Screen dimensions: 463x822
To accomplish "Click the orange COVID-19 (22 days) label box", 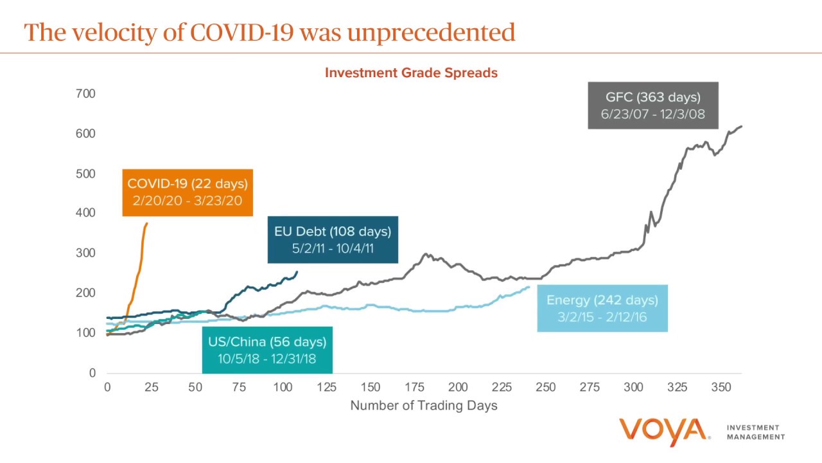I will [x=188, y=192].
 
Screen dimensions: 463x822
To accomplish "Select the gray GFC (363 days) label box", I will [x=652, y=105].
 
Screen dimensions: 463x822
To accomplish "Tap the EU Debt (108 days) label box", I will [x=333, y=240].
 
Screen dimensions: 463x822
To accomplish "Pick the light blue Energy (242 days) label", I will [x=602, y=309].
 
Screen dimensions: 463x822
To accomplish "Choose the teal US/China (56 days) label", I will [x=267, y=350].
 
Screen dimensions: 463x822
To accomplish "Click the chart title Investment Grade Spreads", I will [x=411, y=73].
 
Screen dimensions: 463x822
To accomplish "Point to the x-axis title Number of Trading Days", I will [x=424, y=405].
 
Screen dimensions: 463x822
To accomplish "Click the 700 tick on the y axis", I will [x=85, y=94].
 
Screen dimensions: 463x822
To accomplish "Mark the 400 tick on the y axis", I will [x=85, y=213].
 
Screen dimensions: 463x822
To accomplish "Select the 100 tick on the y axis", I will [x=85, y=333].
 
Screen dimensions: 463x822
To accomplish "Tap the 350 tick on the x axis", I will [x=721, y=387].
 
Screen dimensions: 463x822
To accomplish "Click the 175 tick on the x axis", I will [x=414, y=387].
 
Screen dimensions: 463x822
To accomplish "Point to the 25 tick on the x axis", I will [x=151, y=387].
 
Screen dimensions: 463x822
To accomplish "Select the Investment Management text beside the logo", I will [x=755, y=432].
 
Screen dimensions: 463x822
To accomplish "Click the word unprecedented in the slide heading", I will [x=432, y=32].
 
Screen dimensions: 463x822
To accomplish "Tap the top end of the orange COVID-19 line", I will [x=147, y=224].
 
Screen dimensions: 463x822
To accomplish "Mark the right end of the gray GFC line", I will [x=742, y=126].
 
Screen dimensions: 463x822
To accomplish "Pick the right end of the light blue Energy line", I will [x=530, y=287].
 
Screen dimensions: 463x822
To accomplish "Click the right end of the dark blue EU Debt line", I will [x=297, y=271].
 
